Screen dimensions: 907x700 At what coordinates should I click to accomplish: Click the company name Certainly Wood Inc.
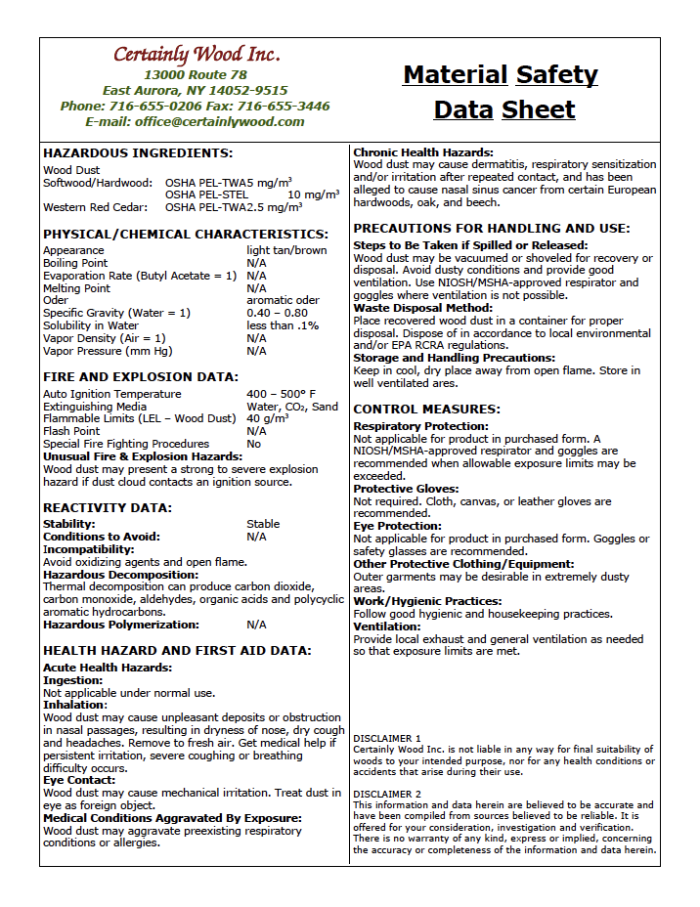pos(196,54)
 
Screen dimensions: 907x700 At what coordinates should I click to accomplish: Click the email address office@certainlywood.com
pos(195,122)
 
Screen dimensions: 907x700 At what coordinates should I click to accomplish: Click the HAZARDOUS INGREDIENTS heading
pos(138,153)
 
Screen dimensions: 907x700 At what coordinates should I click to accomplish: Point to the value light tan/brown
pos(286,250)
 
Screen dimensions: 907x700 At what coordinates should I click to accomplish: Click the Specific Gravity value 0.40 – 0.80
pos(277,313)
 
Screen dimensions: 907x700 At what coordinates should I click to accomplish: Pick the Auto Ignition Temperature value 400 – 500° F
pos(281,394)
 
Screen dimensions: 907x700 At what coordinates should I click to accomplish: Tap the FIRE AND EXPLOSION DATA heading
pos(141,377)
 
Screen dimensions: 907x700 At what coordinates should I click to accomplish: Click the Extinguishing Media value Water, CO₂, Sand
pos(292,407)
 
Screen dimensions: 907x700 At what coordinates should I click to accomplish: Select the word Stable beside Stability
pos(263,524)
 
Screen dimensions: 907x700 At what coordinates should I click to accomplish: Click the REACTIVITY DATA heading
pos(108,507)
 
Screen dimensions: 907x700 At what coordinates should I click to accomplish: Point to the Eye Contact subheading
pos(79,781)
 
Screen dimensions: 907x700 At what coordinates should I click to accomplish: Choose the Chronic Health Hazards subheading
pos(423,152)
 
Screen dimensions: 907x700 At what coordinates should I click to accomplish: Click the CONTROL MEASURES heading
pos(426,410)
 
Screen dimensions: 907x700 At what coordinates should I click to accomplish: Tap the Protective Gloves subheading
pos(406,489)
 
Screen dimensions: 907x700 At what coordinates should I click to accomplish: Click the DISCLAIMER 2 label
pos(387,794)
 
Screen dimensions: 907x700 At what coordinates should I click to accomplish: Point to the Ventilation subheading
pos(387,626)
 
